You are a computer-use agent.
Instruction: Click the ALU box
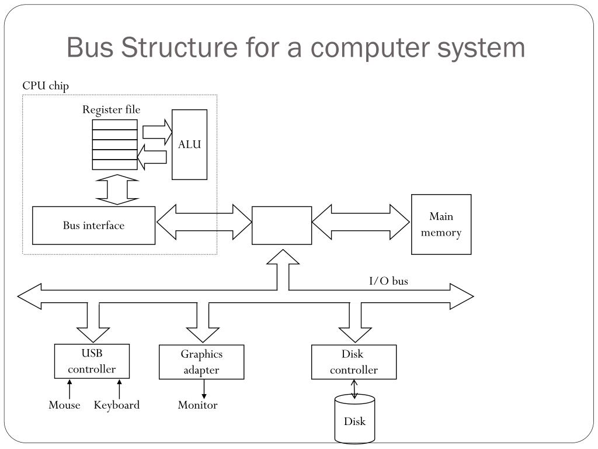(x=190, y=144)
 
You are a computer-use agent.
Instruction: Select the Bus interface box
(x=94, y=225)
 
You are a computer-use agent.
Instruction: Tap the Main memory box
(x=441, y=224)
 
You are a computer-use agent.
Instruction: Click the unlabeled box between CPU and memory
(x=282, y=225)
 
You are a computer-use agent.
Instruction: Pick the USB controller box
(x=92, y=361)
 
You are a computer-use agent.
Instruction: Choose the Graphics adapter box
(x=201, y=362)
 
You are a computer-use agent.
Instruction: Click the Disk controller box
(x=354, y=362)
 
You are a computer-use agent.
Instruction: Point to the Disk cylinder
(x=354, y=419)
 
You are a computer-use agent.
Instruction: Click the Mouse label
(x=64, y=405)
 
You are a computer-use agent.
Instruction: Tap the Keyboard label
(x=117, y=405)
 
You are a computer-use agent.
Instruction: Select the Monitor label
(x=197, y=405)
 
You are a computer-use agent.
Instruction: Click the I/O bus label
(x=388, y=281)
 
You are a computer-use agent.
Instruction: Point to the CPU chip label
(x=46, y=85)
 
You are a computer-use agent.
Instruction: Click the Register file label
(x=112, y=109)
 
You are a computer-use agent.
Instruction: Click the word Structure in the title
(x=179, y=47)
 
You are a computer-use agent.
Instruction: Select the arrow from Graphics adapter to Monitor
(x=204, y=389)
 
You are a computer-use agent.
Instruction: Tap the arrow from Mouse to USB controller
(x=69, y=389)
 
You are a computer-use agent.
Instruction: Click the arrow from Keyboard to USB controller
(x=119, y=389)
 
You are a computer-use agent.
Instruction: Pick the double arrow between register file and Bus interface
(x=117, y=190)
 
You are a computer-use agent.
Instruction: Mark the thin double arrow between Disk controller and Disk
(x=354, y=389)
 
